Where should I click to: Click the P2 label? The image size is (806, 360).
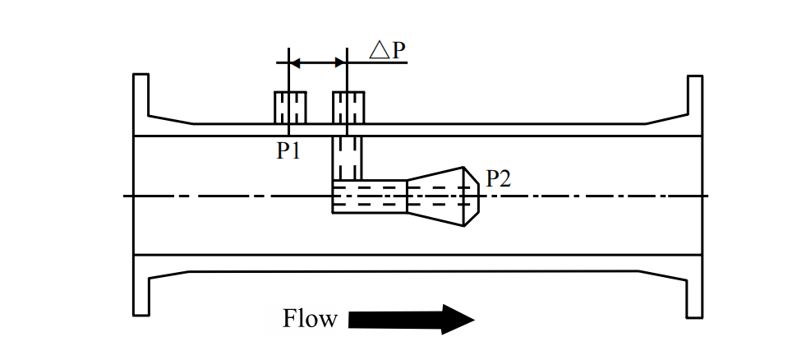pos(498,178)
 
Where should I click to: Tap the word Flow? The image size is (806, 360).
pos(310,319)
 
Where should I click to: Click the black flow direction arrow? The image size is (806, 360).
pos(411,319)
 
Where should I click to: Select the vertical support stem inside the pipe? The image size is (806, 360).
pos(347,158)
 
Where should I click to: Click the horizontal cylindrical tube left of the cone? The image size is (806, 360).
pos(369,196)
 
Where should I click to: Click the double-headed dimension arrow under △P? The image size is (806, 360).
pos(318,62)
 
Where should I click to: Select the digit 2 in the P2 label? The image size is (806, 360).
pos(504,178)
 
